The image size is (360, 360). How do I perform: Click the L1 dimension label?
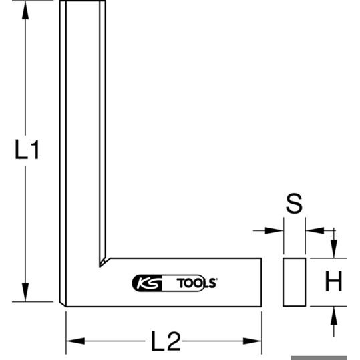click(x=27, y=150)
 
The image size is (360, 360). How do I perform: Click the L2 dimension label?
click(x=166, y=341)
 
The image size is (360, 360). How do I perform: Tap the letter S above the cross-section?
click(x=294, y=204)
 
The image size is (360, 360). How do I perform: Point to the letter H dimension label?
click(x=333, y=281)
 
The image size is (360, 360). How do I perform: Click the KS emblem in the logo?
click(x=147, y=283)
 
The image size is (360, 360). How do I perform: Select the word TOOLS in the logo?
click(x=197, y=283)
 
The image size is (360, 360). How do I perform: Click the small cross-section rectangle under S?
click(x=294, y=282)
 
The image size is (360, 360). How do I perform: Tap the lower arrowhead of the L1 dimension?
click(x=25, y=293)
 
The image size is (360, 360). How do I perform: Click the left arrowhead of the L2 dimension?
click(x=75, y=341)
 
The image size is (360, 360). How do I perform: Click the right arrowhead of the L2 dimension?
click(x=252, y=341)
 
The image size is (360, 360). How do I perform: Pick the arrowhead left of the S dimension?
click(x=274, y=230)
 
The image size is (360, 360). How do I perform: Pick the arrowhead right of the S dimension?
click(x=315, y=230)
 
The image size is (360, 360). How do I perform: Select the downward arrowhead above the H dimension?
click(x=334, y=248)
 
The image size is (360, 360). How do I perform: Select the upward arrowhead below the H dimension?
click(x=334, y=315)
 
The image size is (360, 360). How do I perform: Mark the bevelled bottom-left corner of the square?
click(x=63, y=304)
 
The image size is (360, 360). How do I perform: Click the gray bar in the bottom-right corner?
click(x=319, y=358)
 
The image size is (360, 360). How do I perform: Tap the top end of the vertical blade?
click(x=83, y=1)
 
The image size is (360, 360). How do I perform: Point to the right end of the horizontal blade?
click(x=261, y=282)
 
